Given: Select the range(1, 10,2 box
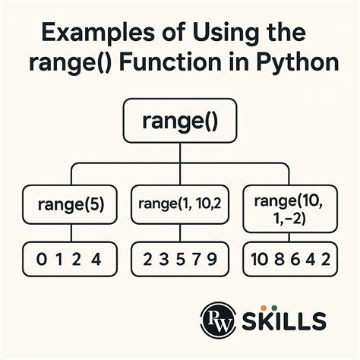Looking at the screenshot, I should click(x=180, y=205).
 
